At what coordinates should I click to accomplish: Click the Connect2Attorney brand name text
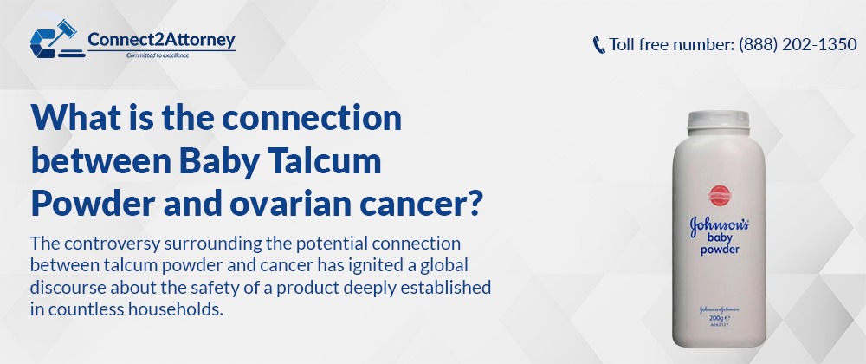pos(161,40)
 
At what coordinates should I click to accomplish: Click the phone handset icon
pos(598,45)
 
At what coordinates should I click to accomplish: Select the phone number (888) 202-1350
pos(798,44)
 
